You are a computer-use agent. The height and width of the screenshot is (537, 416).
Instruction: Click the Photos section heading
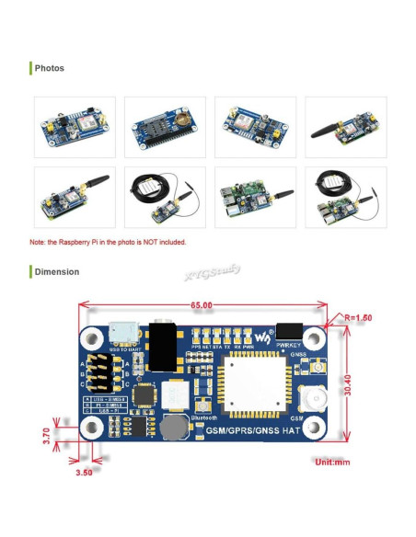(50, 68)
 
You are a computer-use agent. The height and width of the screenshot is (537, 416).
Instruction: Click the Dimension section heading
(56, 271)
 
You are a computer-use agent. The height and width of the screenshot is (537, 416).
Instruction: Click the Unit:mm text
(331, 462)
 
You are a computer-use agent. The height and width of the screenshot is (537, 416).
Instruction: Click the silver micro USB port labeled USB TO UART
(121, 333)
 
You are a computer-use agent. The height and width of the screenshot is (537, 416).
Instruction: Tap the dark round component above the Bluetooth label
(171, 428)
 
